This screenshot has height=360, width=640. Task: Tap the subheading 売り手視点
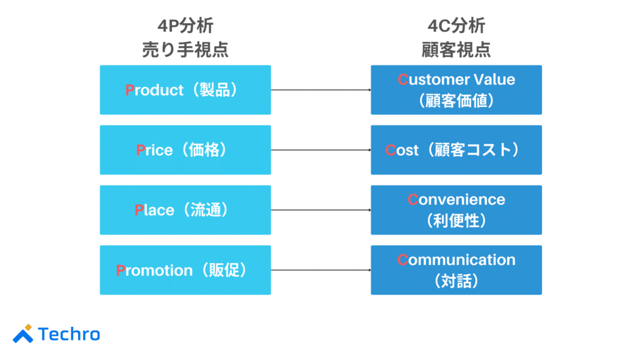(185, 49)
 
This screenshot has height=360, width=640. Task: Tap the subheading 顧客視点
(456, 49)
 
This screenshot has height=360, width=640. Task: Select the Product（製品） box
(185, 90)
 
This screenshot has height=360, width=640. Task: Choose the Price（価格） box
(185, 150)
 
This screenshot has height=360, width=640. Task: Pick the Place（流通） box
(185, 210)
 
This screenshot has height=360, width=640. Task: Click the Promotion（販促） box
(185, 270)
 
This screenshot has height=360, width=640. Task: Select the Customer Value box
(456, 90)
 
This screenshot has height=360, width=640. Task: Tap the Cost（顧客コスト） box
(456, 150)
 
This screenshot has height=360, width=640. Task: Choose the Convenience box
(456, 210)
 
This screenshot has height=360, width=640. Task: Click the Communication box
(456, 270)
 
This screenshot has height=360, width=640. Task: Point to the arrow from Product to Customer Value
(321, 90)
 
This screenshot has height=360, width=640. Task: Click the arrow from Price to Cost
(321, 150)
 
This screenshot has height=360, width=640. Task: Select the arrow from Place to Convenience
(321, 210)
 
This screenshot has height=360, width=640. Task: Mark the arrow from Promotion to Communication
(321, 270)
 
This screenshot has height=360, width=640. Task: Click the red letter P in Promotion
(121, 271)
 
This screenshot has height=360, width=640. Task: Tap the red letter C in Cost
(391, 151)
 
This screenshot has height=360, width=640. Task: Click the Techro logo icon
(23, 334)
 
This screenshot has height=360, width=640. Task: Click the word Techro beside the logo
(69, 334)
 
